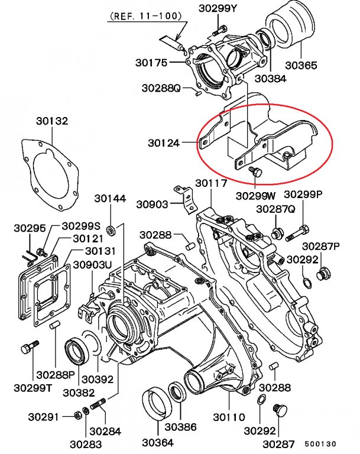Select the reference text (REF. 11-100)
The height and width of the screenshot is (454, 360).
point(144,17)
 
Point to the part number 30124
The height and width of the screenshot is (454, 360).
point(164,142)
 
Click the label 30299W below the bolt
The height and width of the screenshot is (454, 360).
point(255,195)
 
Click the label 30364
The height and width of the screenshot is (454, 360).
point(158,442)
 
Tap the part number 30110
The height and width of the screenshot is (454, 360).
point(229,417)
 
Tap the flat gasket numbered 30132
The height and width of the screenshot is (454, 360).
point(51,177)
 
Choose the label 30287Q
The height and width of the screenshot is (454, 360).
point(275,209)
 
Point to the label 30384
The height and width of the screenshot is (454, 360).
point(270,77)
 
